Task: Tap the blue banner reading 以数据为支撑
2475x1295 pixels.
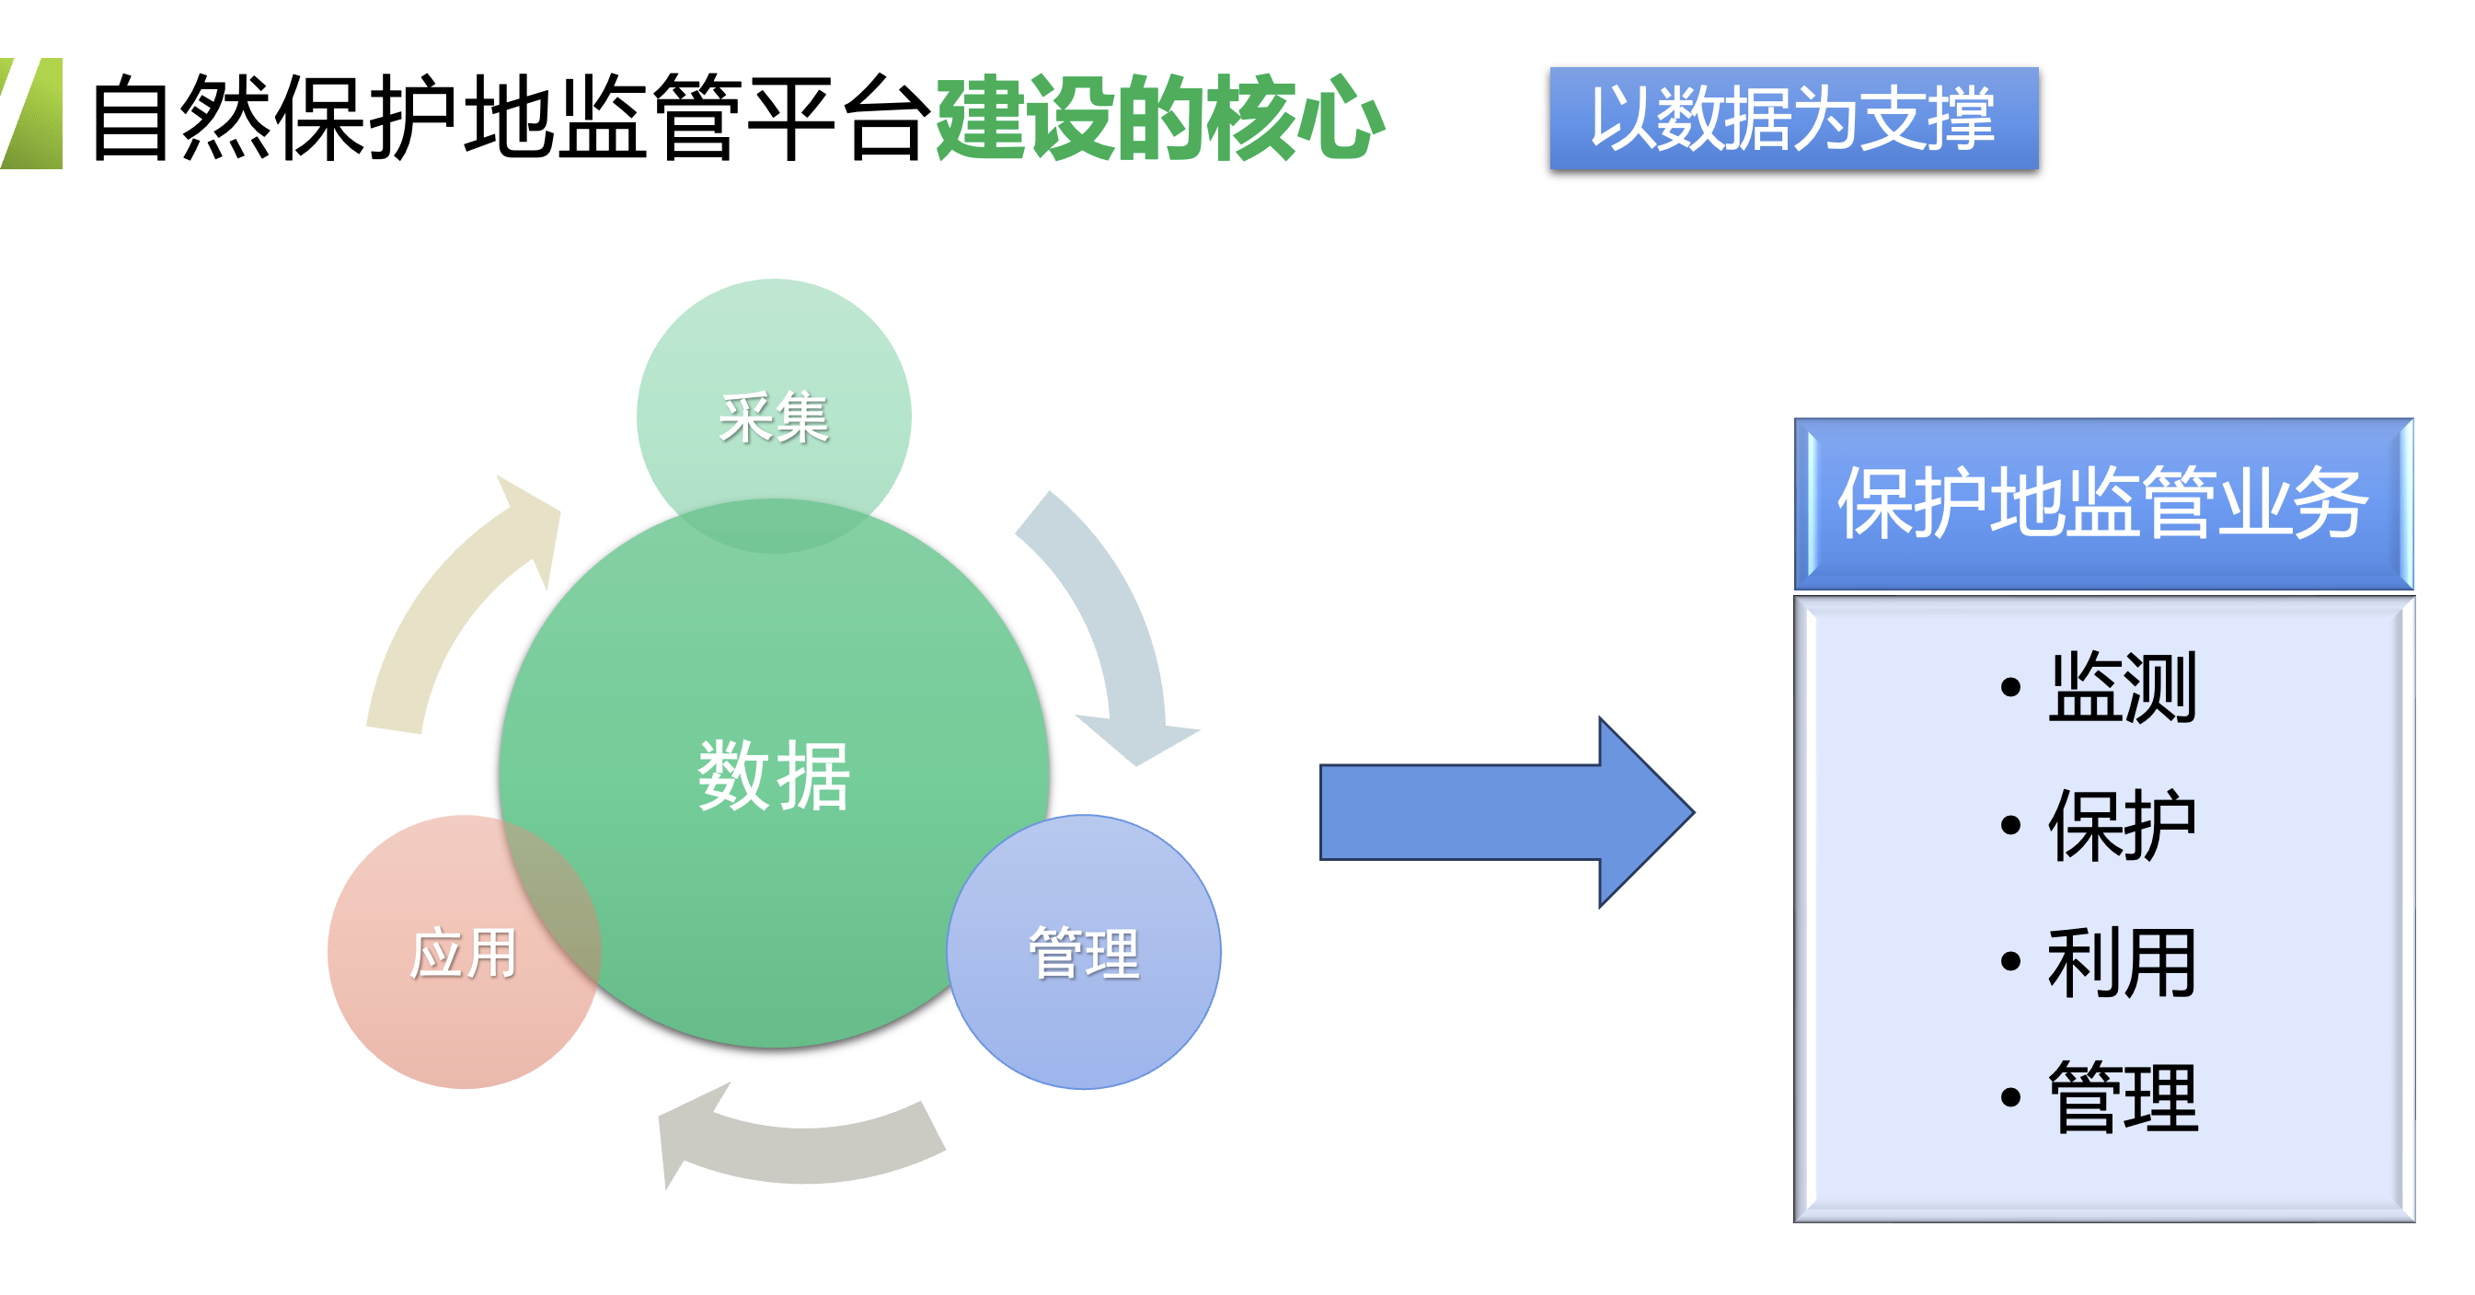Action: coord(1794,118)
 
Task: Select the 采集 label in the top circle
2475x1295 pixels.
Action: coord(774,418)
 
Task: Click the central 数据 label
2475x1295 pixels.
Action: coord(774,776)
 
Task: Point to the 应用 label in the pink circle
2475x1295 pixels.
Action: coord(463,953)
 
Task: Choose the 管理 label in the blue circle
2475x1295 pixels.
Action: coord(1084,953)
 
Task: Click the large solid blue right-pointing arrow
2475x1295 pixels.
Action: coord(1506,812)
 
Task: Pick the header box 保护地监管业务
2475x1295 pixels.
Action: coord(2103,503)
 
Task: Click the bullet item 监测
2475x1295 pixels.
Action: coord(2122,687)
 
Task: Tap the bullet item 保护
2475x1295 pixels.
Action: coord(2122,824)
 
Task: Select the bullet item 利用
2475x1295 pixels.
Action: coord(2122,962)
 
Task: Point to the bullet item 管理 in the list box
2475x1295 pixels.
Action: coord(2122,1098)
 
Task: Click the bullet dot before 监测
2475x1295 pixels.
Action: coord(2010,687)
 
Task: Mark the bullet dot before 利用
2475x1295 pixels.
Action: coord(2010,961)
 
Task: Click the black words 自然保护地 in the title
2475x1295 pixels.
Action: coord(322,117)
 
